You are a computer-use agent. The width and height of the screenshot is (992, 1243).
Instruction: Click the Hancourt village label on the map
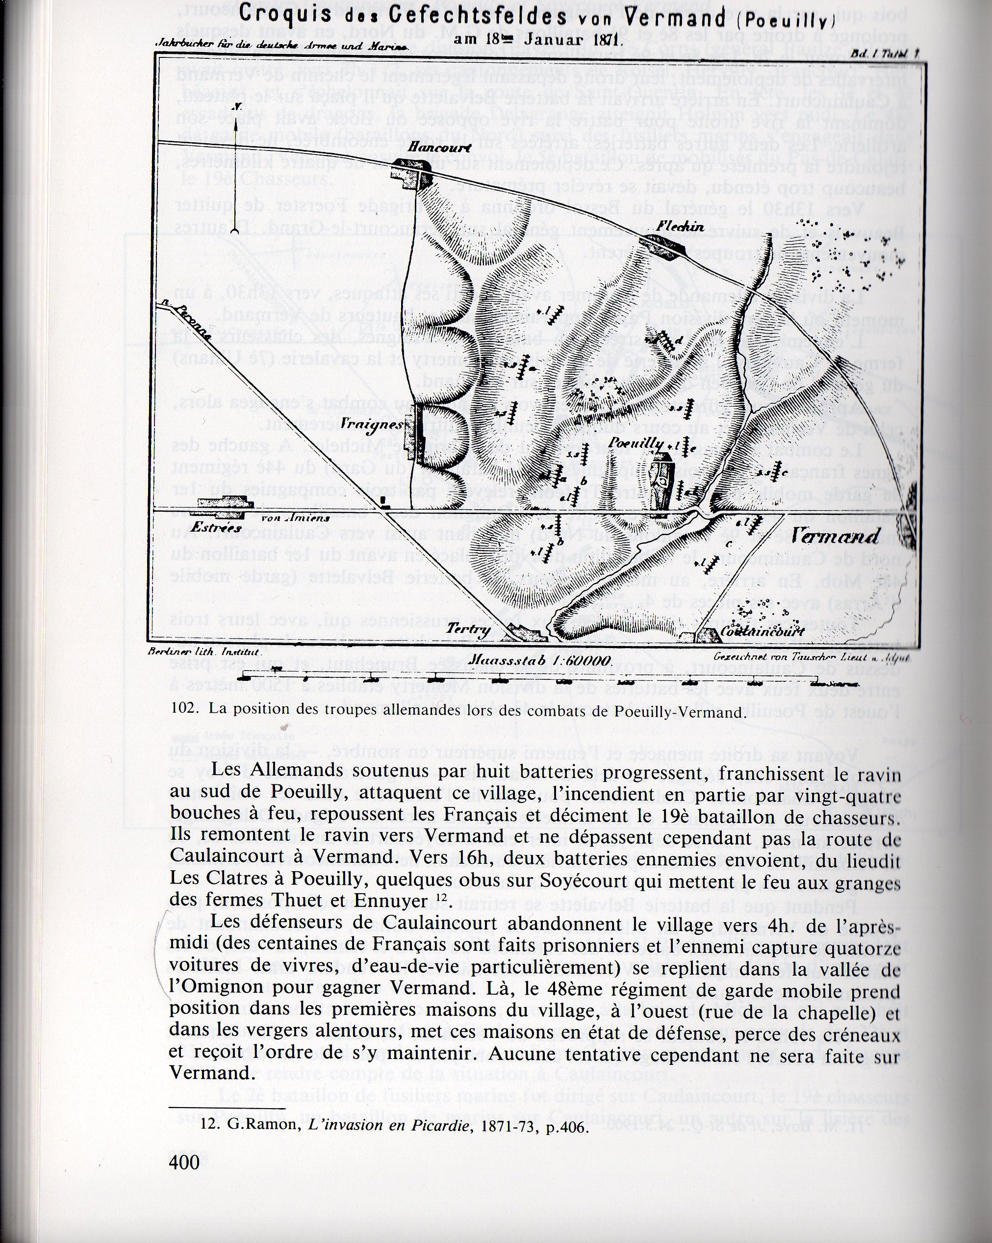(430, 148)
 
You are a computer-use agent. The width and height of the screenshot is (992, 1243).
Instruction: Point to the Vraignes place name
(371, 425)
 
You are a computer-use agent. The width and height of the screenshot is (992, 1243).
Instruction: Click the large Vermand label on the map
(835, 536)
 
